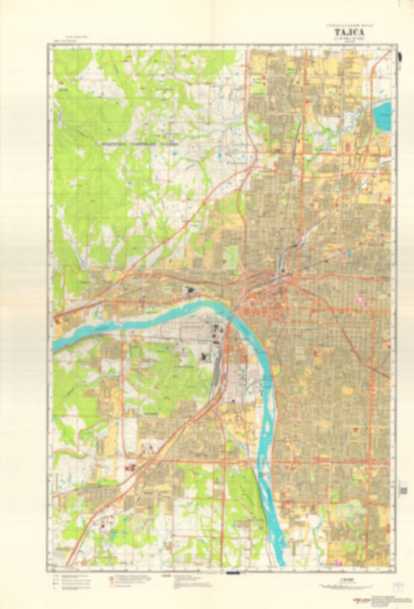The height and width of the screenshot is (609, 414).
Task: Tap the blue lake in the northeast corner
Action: (382, 117)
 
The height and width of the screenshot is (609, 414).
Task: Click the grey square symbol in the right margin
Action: (403, 489)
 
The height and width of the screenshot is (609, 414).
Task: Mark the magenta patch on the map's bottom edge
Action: (339, 563)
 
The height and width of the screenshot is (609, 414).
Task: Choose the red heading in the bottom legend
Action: (164, 576)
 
